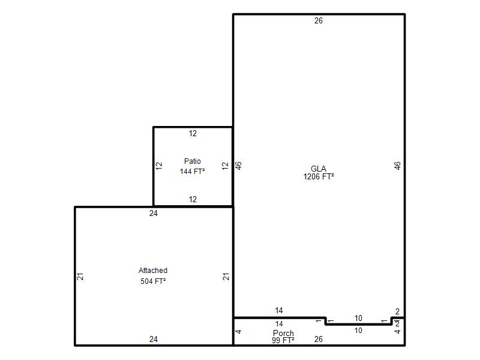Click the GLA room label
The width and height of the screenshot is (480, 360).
coord(319,169)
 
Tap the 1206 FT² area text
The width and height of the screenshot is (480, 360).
coord(319,176)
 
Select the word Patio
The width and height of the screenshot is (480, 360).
coord(192,161)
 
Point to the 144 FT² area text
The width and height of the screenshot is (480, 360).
coord(192,172)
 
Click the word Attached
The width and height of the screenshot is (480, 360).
coord(153,271)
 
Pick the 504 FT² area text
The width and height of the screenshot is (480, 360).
coord(153,281)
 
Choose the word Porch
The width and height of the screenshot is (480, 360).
coord(283,333)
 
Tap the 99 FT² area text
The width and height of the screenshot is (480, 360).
coord(283,340)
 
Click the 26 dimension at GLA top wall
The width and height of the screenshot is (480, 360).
coord(319,20)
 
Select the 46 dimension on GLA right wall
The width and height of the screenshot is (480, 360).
coord(397,166)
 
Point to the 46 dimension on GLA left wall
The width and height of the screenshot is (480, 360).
coord(238,166)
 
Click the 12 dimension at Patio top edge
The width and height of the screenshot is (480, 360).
coord(193,133)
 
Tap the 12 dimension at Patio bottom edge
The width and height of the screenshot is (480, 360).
coord(193,199)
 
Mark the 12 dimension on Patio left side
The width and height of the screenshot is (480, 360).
coord(159,166)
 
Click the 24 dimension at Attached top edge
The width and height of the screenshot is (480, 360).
coord(154,213)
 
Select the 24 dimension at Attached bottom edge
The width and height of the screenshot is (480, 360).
coord(154,339)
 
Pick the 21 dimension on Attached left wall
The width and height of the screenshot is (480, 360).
coord(80,277)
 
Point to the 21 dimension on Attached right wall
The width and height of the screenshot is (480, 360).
coord(226,277)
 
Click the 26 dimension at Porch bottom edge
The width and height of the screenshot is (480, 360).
coord(319,339)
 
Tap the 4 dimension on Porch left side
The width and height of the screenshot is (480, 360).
coord(238,332)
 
